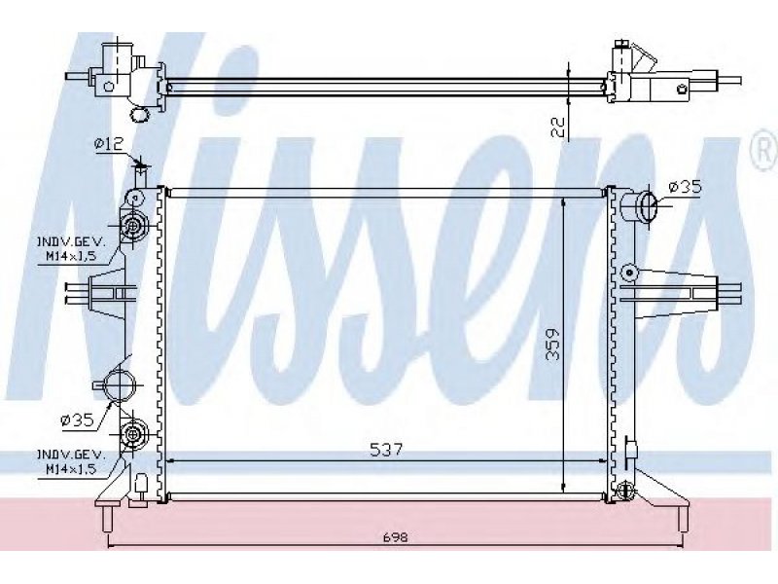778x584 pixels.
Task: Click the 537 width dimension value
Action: point(386,450)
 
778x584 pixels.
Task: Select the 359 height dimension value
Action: point(553,344)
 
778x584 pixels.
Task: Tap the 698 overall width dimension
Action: point(396,537)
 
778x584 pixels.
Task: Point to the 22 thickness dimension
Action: point(558,128)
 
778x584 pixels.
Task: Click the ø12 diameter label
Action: point(109,144)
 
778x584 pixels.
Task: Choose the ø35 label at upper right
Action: point(685,187)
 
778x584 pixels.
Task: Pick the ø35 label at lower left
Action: point(77,420)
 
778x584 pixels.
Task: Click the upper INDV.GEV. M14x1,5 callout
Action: point(70,249)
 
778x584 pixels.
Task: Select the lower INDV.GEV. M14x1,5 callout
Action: point(70,461)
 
